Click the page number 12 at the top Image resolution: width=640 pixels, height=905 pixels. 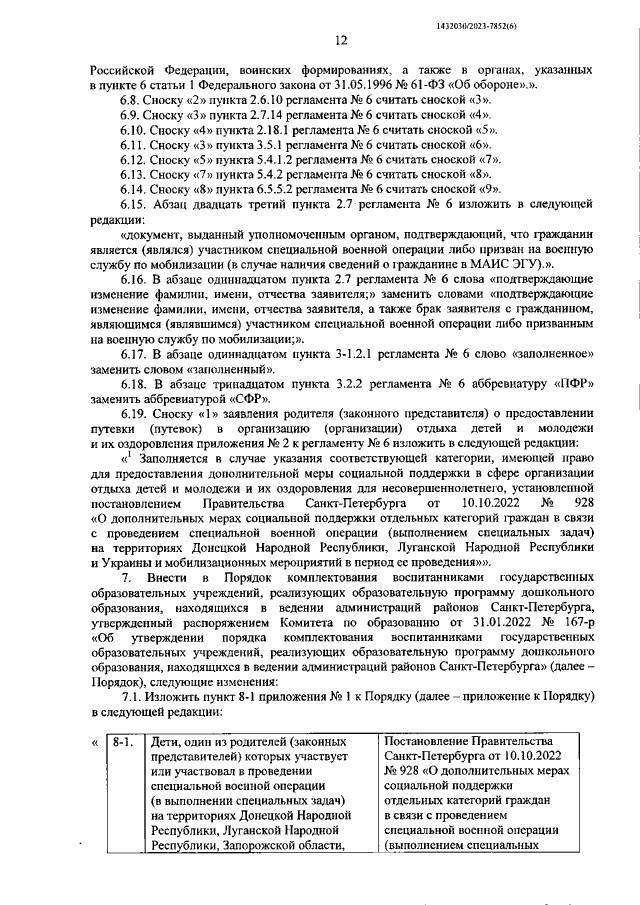341,40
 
